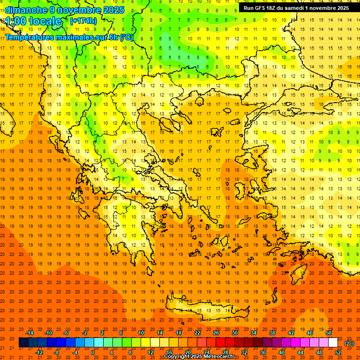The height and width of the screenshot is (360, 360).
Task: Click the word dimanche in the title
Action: pyautogui.click(x=26, y=10)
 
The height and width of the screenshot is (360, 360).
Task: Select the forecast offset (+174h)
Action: pyautogui.click(x=83, y=21)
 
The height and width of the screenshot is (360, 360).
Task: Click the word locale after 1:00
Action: pyautogui.click(x=44, y=21)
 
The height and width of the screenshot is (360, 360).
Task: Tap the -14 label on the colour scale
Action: pyautogui.click(x=29, y=333)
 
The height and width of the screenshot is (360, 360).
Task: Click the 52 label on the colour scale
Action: pyautogui.click(x=338, y=352)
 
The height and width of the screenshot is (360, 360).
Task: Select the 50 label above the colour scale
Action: pyautogui.click(x=328, y=333)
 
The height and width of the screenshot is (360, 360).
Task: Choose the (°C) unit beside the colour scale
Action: pyautogui.click(x=349, y=343)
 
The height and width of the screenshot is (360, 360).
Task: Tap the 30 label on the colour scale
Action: pyautogui.click(x=235, y=333)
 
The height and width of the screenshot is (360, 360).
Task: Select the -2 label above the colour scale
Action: pyautogui.click(x=85, y=333)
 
